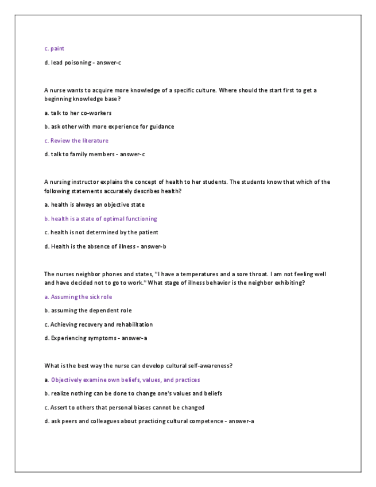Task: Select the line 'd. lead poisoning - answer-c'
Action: [x=83, y=63]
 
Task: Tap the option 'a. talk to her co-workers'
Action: [x=77, y=113]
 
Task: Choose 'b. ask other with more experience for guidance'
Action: [x=109, y=126]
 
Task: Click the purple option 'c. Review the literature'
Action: [x=76, y=140]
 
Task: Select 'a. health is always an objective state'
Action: [x=94, y=204]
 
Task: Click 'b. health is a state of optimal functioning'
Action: [x=100, y=218]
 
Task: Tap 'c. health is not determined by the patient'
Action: [x=101, y=232]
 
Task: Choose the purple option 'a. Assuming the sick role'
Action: [x=78, y=297]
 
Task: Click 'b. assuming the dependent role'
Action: [x=88, y=311]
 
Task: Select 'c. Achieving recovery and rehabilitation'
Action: [x=98, y=324]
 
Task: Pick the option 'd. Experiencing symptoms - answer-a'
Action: [x=96, y=338]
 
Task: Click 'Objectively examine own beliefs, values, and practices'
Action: [x=125, y=380]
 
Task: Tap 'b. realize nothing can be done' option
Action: [x=133, y=393]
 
